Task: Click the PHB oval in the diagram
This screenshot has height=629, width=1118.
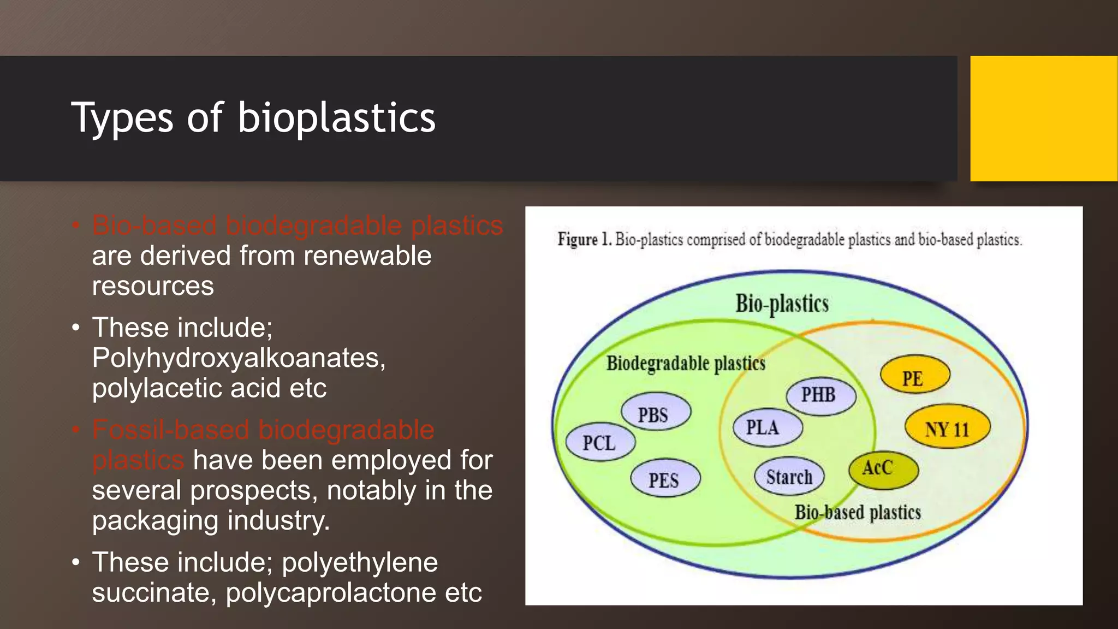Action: coord(820,395)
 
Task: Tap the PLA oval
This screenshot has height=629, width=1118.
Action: coord(766,428)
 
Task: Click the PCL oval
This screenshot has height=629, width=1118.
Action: coord(600,442)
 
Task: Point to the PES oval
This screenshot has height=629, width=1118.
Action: coord(665,479)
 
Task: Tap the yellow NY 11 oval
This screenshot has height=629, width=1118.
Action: coord(947,428)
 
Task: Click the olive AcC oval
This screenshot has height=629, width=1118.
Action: coord(882,469)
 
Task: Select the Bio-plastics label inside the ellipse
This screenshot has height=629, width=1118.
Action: coord(782,304)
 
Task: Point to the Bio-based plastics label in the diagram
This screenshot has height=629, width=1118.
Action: coord(857,512)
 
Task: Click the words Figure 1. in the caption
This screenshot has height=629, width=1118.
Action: coord(584,240)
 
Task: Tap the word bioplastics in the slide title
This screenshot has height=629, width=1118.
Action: coord(336,118)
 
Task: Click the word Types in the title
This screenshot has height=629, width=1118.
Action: coord(122,118)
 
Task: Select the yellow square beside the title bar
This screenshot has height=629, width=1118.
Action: coord(1043,118)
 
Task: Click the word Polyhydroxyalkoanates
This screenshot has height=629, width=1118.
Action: coord(239,358)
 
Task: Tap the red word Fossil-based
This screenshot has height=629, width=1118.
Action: coord(170,430)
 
